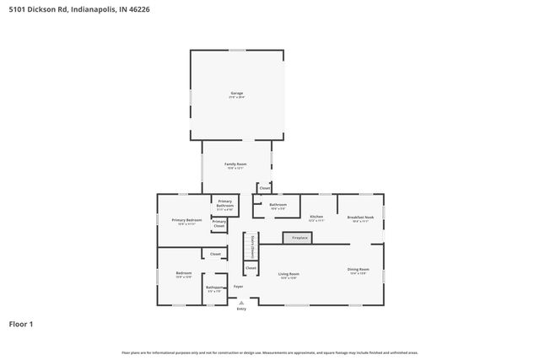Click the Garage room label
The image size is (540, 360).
(x=237, y=94)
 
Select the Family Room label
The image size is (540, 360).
(x=235, y=164)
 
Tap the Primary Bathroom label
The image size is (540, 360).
(x=224, y=203)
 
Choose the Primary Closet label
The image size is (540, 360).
(x=219, y=223)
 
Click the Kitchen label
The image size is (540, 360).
(x=316, y=217)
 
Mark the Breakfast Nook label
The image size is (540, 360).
(x=360, y=217)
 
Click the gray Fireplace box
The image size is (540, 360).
(x=300, y=239)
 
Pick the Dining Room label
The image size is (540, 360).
(x=358, y=270)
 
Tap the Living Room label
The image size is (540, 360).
(x=289, y=274)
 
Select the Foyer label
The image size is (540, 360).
(x=239, y=287)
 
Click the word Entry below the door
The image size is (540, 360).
(x=241, y=309)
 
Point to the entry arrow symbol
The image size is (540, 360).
(x=241, y=302)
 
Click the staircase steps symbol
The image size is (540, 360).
(x=250, y=247)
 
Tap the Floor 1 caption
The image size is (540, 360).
(x=21, y=324)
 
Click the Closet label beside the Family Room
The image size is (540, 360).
(x=264, y=188)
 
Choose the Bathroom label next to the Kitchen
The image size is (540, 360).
(x=278, y=204)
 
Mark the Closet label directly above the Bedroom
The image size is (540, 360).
(x=215, y=254)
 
